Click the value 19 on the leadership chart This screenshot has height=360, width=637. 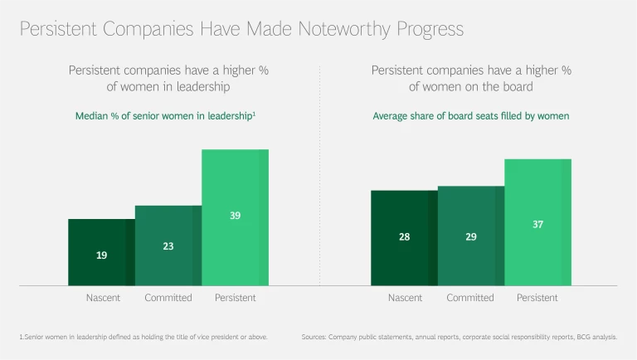101,255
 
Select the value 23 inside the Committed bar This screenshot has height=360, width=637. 168,246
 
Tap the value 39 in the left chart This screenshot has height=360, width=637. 236,216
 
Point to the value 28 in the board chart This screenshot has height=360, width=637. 404,237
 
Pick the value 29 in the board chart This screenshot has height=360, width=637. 470,237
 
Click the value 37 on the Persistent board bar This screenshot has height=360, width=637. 537,225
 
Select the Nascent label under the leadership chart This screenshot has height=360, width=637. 102,298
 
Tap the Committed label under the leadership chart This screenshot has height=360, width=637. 168,298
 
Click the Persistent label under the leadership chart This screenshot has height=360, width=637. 236,298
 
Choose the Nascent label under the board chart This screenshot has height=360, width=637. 404,298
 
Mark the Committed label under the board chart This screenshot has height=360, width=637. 470,298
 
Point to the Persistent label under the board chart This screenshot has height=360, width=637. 537,298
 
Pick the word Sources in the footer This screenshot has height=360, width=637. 314,338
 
